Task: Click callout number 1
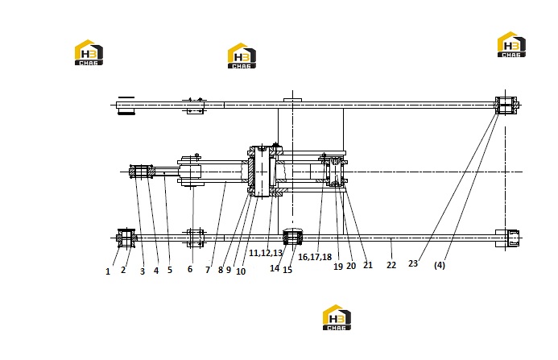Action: tap(108, 271)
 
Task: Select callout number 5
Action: tap(170, 270)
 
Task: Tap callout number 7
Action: tap(208, 270)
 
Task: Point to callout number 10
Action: tap(241, 271)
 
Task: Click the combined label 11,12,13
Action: tap(266, 253)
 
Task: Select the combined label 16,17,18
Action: tap(315, 257)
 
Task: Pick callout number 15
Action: tap(287, 270)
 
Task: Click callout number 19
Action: tap(338, 266)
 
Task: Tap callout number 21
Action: tap(368, 265)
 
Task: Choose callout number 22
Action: tap(391, 265)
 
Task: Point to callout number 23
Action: tap(413, 263)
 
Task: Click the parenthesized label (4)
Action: tap(440, 265)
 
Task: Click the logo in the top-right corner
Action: tap(511, 44)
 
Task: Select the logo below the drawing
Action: tap(337, 317)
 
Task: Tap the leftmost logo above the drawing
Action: tap(89, 52)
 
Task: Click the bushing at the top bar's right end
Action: tap(506, 106)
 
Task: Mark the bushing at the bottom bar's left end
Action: tap(126, 238)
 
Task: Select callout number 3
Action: tap(143, 271)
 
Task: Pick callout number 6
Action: tap(190, 269)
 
